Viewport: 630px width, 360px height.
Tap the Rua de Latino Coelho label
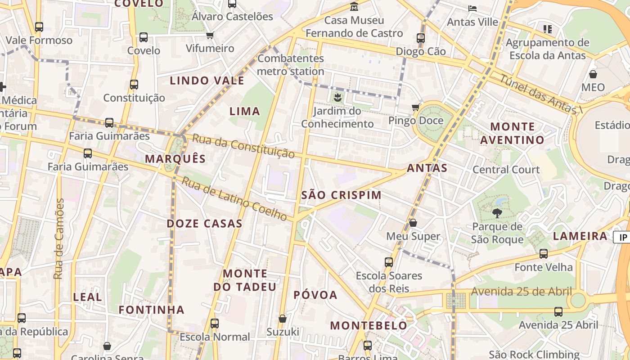234,199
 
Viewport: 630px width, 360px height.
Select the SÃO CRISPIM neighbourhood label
341,195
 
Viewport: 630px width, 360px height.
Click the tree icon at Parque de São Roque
497,213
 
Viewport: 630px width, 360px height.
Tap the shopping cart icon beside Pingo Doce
416,107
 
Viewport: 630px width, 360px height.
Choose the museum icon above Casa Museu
354,7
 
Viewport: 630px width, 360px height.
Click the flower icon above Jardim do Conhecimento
337,97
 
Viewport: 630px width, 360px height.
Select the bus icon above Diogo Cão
421,38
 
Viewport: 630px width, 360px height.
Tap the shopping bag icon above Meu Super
413,223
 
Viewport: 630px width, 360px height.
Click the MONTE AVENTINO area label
512,133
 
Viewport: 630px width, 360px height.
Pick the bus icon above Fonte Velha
544,253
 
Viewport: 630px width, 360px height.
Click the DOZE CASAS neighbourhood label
204,223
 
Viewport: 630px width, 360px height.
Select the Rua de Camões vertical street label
59,238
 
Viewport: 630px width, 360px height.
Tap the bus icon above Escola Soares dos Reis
389,262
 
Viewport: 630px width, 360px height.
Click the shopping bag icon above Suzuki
283,319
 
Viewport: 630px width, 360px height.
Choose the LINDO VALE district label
207,81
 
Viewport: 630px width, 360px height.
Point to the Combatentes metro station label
291,65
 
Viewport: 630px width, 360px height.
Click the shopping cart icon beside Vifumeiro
210,35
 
